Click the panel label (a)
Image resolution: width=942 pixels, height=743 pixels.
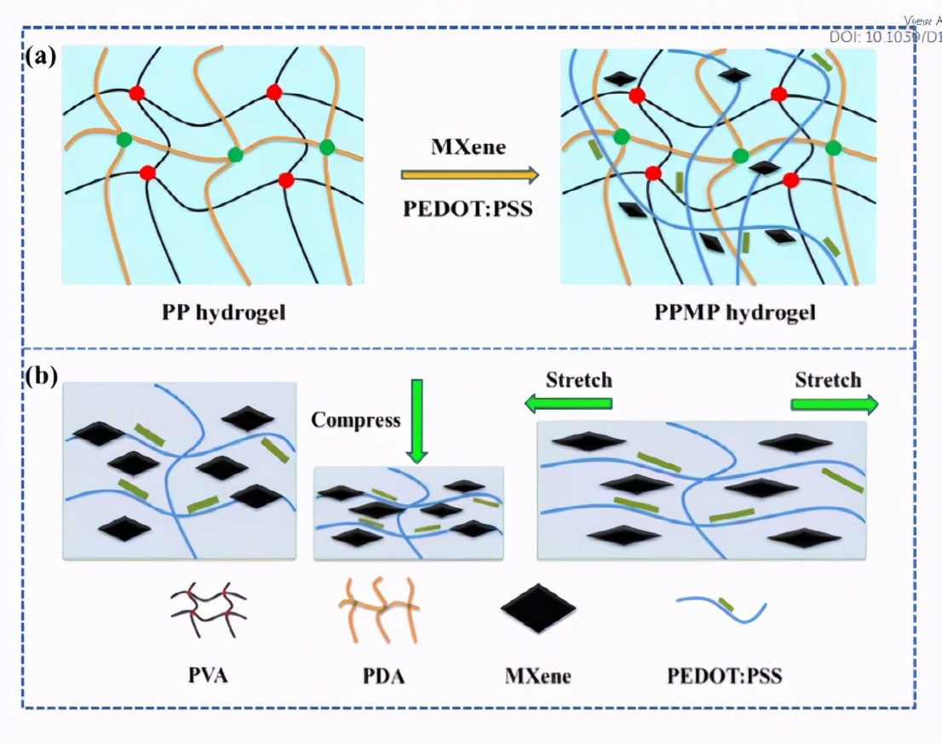coord(41,58)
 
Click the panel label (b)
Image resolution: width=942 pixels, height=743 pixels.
coord(41,377)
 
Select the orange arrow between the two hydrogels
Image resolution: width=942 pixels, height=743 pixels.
coord(469,176)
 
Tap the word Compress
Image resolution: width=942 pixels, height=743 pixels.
coord(355,419)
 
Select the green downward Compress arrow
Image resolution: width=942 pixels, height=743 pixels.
coord(416,420)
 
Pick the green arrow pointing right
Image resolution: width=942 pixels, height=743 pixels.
coord(834,404)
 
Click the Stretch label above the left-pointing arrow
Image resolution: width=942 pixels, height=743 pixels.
coord(579,380)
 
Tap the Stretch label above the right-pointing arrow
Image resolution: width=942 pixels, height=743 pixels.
coord(828,380)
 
